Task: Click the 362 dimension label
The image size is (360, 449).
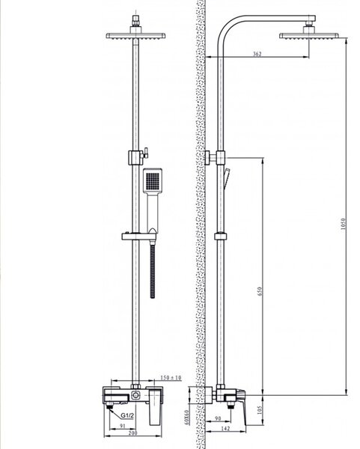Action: pos(257,54)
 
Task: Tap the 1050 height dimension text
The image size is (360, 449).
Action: pos(344,224)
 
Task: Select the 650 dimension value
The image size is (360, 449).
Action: pos(260,291)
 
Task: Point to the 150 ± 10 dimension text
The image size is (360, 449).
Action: pos(171,378)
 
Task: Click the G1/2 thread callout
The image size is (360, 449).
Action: pos(127,415)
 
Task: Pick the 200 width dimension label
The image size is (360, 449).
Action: pos(133,433)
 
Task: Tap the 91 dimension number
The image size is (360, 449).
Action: pos(122,426)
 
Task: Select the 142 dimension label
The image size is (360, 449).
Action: pos(226,428)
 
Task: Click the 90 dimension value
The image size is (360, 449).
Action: pos(218,418)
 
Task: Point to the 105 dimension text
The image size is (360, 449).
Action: pos(260,410)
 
